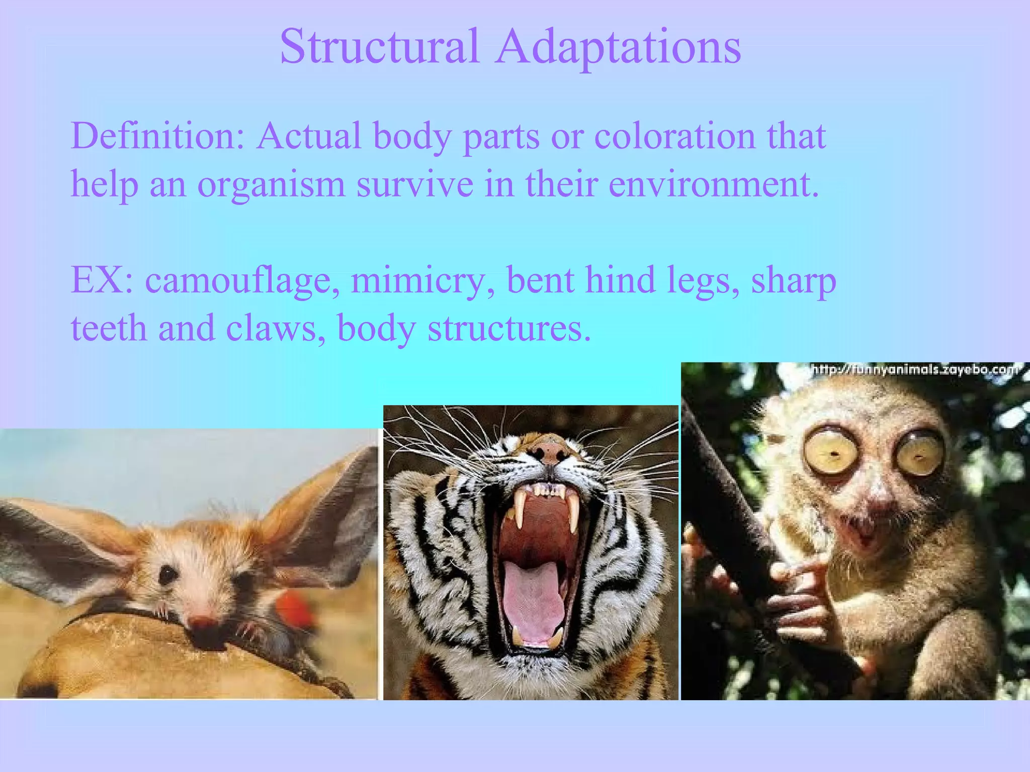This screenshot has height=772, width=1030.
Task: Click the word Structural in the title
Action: [x=380, y=46]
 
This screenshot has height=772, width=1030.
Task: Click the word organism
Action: [x=271, y=185]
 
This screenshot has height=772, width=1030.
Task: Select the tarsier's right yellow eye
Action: [x=919, y=451]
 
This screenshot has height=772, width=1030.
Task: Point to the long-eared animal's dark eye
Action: [x=167, y=574]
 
